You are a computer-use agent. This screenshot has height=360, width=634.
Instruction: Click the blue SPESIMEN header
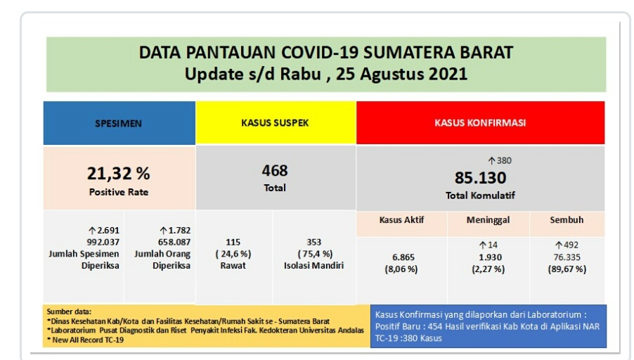[x=119, y=123]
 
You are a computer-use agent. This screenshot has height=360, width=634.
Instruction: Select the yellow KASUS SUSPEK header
[x=276, y=122]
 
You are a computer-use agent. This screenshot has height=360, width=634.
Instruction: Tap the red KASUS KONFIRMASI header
[x=480, y=122]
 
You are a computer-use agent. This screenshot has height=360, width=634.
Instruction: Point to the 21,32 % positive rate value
[x=119, y=174]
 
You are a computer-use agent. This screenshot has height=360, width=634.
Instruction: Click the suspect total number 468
[x=275, y=171]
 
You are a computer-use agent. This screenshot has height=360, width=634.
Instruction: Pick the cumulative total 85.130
[x=480, y=178]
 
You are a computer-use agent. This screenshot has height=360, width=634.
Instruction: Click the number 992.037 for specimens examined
[x=103, y=242]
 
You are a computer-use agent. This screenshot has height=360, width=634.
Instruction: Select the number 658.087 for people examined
[x=174, y=242]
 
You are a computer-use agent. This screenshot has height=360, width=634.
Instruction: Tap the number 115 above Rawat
[x=233, y=242]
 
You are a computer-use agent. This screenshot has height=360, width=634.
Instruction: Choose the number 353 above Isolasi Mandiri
[x=313, y=242]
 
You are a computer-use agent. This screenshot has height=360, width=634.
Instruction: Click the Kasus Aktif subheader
[x=401, y=219]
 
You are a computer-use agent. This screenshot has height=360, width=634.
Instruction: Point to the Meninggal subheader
[x=488, y=220]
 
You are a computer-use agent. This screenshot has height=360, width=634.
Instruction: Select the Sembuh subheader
[x=567, y=219]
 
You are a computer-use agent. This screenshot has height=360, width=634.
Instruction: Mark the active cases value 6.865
[x=403, y=257]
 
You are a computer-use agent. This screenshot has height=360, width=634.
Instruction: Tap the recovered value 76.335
[x=567, y=257]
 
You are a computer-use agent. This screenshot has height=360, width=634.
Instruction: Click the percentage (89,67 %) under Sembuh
[x=567, y=269]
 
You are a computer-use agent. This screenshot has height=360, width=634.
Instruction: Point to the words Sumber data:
[x=69, y=311]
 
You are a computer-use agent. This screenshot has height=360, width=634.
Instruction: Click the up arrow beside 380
[x=492, y=161]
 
